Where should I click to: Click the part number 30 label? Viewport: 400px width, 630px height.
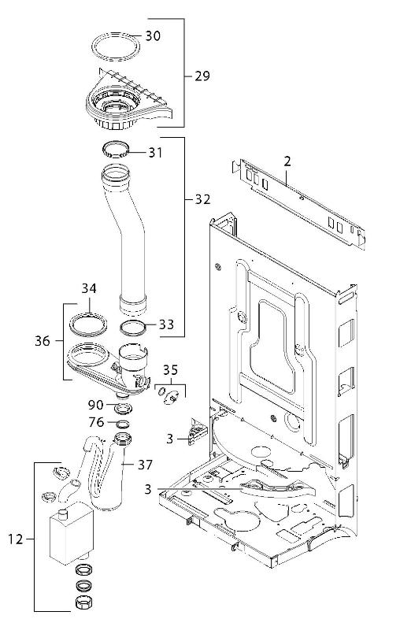coord(153,35)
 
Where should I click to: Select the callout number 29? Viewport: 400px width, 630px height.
coord(202,76)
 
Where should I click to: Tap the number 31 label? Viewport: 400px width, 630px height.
coord(155,153)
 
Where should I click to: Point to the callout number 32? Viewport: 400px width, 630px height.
coord(202,199)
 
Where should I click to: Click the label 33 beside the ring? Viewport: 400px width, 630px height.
coord(166,324)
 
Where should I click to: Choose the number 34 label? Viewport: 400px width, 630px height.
coord(89,288)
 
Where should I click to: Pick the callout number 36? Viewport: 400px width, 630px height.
coord(43,341)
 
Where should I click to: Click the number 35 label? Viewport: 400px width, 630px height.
coord(170,369)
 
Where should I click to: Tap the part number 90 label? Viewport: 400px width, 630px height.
coord(96,405)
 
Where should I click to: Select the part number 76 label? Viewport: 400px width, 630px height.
coord(96,422)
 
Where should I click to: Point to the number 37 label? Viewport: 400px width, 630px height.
coord(145,465)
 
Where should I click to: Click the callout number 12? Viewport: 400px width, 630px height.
coord(16,539)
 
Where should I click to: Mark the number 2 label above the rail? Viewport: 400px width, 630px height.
coord(287,161)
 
